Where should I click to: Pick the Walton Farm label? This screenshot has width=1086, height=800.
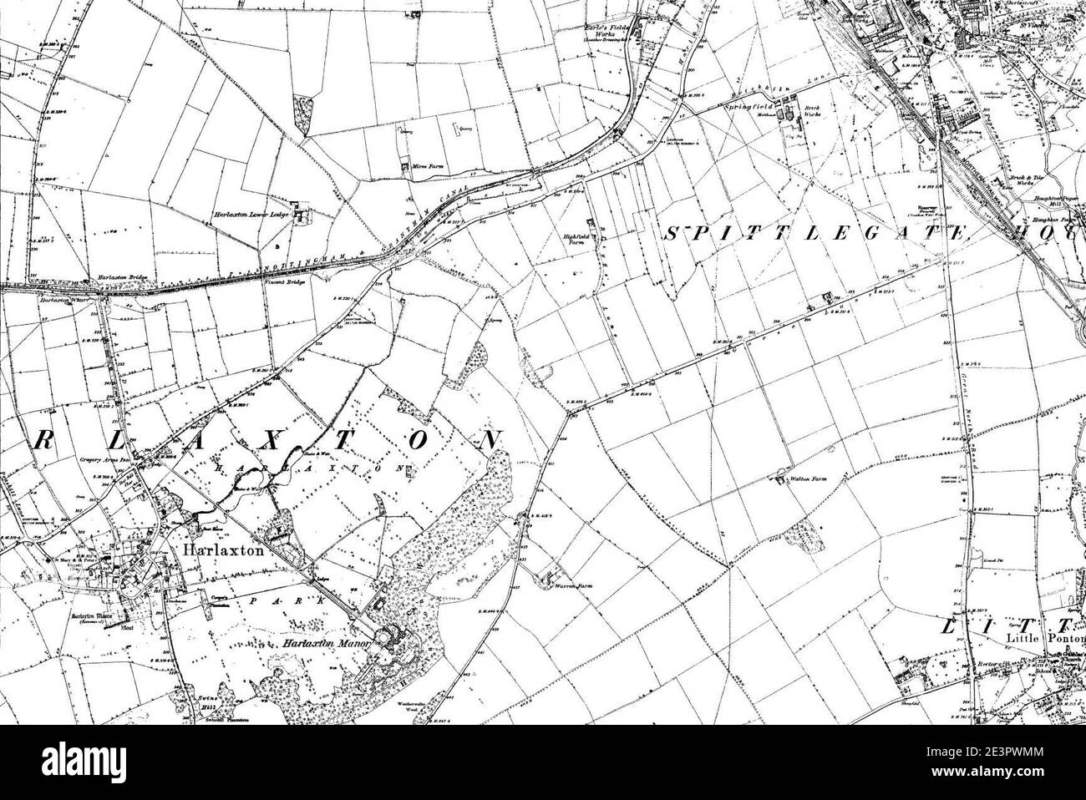click(808, 481)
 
